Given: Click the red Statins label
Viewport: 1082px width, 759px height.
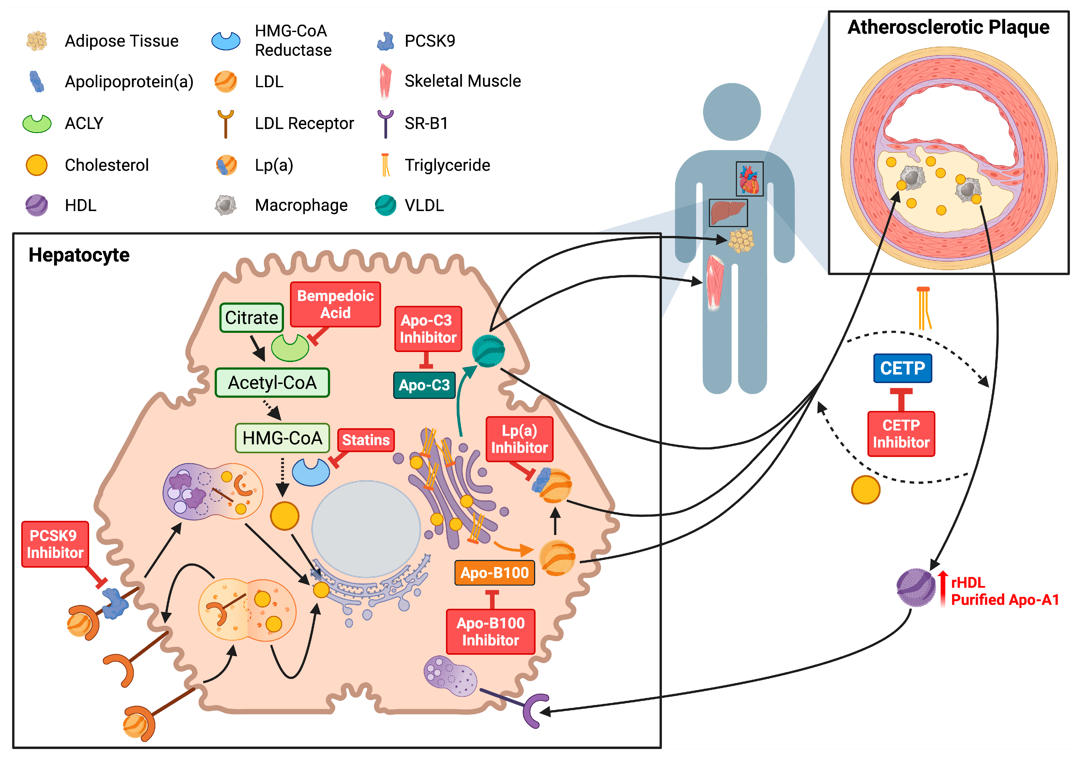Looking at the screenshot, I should pos(366,440).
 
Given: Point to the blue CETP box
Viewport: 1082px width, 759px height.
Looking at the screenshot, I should pos(902,368).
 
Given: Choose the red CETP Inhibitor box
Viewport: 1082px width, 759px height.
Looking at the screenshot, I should pos(901,434).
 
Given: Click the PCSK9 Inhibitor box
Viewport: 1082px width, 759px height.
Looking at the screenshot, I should pos(55,544).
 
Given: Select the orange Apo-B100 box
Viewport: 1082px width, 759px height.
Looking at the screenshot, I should pos(494,573).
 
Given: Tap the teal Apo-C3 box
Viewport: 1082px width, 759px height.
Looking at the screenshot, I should pos(424,385).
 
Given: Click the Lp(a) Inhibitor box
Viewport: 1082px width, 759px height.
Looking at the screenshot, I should pos(519,439).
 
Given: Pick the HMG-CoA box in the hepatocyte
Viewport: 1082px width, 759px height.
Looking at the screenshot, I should pos(282,438).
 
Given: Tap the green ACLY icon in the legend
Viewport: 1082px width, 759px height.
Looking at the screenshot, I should pos(37,124).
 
